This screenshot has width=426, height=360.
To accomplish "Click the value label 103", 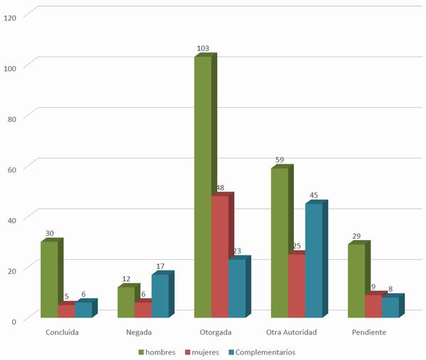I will tap(202, 48).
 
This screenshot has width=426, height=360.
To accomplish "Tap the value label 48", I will tap(220, 188).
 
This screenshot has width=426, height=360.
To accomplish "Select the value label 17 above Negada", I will tap(160, 266).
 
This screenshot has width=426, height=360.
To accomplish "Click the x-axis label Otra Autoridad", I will tap(291, 332).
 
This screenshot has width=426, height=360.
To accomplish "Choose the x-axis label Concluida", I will tap(62, 332).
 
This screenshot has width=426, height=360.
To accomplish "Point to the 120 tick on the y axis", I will tap(10, 16).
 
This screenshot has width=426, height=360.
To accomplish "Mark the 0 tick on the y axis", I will tap(14, 320).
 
